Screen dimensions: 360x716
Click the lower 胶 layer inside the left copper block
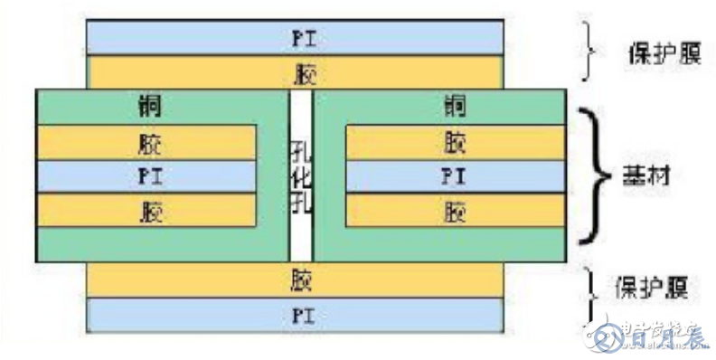146,212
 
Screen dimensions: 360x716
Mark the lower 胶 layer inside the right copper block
454,212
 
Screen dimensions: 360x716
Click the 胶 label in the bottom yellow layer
301,279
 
